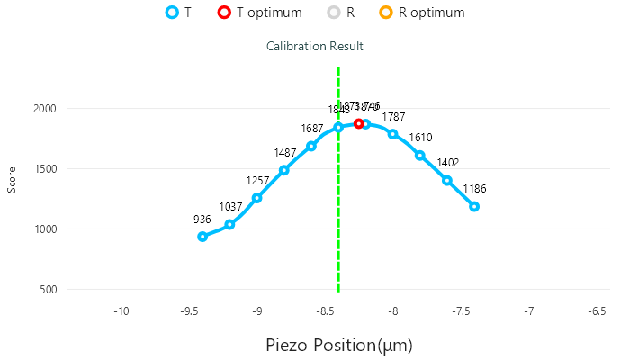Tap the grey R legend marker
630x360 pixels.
[334, 13]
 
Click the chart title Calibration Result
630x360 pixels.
[315, 45]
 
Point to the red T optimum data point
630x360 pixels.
[358, 123]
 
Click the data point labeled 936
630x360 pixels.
[202, 237]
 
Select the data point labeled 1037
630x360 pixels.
[229, 224]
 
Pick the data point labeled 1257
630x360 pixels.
[256, 198]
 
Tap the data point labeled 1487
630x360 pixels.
[284, 170]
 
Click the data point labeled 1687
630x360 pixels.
[311, 146]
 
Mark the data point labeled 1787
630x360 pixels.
[392, 134]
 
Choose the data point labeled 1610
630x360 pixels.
[420, 156]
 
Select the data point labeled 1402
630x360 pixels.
[447, 180]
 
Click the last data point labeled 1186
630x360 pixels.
[474, 206]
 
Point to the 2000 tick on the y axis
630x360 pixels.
[45, 109]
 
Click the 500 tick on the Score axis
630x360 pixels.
[49, 290]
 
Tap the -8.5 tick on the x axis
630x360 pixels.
[325, 311]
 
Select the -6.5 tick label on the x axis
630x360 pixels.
[597, 311]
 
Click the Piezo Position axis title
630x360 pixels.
[339, 345]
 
